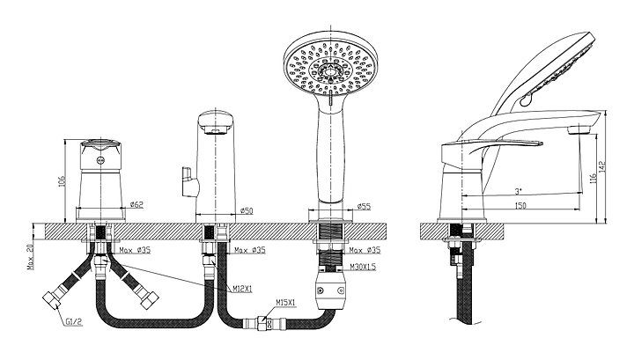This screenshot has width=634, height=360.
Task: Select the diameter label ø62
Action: click(136, 205)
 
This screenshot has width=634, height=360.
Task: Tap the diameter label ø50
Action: click(247, 210)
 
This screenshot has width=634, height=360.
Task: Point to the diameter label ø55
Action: click(363, 208)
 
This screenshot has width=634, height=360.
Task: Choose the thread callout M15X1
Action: click(284, 303)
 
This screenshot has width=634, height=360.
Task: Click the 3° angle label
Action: click(520, 191)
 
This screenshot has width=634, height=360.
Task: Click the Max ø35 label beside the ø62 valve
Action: click(133, 250)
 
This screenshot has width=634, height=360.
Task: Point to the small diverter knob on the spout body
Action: click(187, 181)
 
